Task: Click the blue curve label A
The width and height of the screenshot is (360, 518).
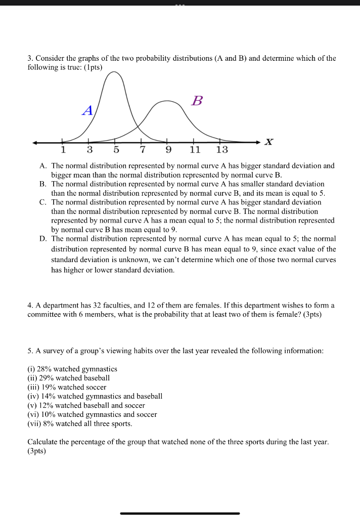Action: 87,111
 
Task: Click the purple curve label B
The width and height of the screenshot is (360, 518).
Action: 197,101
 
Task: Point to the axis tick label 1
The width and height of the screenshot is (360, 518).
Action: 63,150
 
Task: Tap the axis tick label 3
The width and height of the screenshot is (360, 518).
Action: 89,150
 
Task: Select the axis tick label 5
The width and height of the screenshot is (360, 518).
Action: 116,150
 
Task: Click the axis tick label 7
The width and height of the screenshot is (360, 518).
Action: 142,150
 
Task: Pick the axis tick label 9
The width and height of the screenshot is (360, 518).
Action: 168,150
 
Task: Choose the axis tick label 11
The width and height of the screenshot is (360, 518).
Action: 195,150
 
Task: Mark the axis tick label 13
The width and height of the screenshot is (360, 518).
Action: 221,150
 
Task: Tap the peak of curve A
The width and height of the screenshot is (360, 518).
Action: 115,72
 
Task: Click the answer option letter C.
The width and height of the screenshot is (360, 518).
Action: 42,202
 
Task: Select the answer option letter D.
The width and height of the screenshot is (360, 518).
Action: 42,238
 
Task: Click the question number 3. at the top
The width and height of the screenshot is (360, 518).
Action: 30,58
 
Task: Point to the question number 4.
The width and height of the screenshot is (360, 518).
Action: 30,305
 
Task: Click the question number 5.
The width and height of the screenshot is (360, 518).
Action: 30,350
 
